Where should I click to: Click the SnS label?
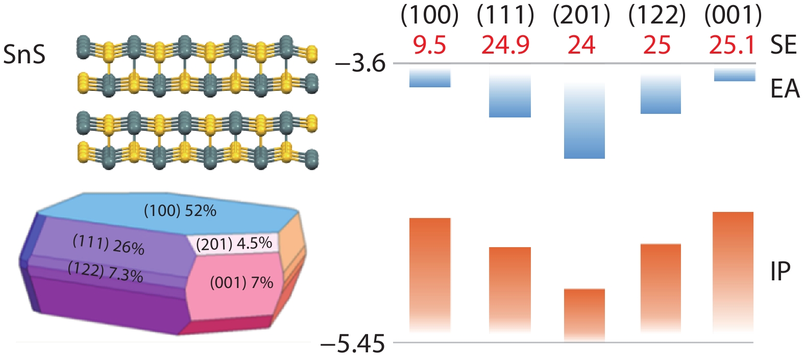click(x=24, y=54)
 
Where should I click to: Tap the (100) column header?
click(x=429, y=16)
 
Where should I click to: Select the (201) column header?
click(x=581, y=16)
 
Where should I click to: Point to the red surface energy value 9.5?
click(x=429, y=45)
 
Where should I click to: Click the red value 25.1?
click(x=732, y=45)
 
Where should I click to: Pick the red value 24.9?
click(x=505, y=45)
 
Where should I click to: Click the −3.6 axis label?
click(x=360, y=64)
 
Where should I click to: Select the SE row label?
click(x=783, y=45)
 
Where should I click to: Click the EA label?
click(x=785, y=89)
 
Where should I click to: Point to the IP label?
click(x=780, y=272)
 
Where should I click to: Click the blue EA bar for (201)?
click(x=584, y=123)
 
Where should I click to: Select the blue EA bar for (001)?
click(x=734, y=75)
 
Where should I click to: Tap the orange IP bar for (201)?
click(x=584, y=314)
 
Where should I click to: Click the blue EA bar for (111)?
click(x=509, y=94)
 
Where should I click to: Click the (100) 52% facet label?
click(x=180, y=211)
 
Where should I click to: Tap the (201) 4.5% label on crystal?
click(x=234, y=244)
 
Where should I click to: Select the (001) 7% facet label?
click(x=241, y=282)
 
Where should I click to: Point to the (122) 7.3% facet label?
click(x=105, y=272)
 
